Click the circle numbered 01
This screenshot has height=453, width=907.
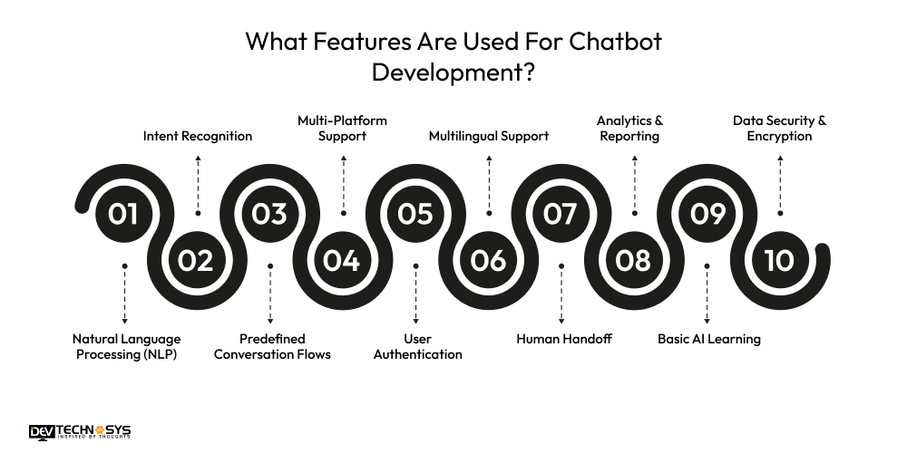124,214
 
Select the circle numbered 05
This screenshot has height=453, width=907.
415,214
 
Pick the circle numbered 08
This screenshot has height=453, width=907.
634,260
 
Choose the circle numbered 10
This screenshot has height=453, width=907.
779,260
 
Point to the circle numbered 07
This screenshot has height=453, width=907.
561,214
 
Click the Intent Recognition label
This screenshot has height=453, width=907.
198,136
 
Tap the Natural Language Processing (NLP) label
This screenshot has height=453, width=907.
127,346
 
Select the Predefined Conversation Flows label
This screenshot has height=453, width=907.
272,346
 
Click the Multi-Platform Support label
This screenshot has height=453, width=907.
343,128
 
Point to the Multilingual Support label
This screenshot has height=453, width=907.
489,136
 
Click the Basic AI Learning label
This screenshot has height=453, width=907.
709,339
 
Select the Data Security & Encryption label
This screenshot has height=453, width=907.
780,128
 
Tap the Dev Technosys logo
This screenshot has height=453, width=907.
80,433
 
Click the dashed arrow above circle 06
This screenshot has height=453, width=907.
489,185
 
